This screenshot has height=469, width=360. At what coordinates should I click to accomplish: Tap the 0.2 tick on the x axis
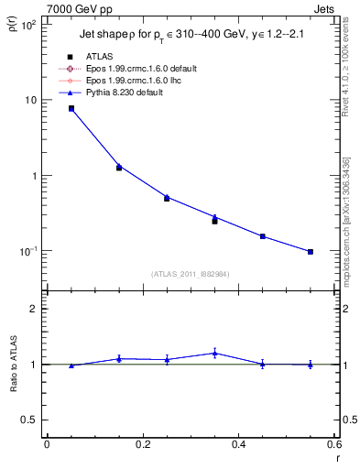click(142, 446)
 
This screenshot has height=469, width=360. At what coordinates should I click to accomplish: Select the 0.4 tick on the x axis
click(238, 446)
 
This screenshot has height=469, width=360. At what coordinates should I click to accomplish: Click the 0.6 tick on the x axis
click(334, 446)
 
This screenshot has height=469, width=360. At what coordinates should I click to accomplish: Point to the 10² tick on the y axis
click(28, 24)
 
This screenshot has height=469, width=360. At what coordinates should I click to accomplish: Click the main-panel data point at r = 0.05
click(71, 108)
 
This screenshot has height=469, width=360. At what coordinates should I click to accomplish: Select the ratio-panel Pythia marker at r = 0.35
click(214, 353)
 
